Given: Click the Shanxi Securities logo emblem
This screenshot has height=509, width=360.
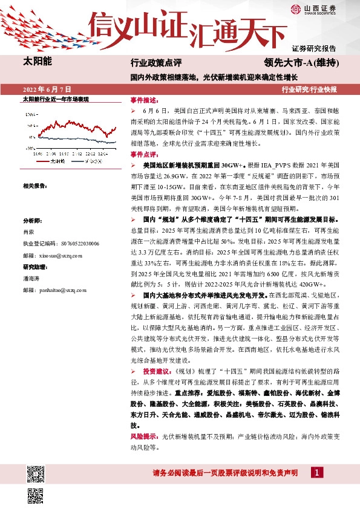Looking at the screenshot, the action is (313, 8).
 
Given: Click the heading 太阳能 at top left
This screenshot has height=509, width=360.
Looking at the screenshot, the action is (37, 62).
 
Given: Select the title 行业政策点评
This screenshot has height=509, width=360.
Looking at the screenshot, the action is (156, 63).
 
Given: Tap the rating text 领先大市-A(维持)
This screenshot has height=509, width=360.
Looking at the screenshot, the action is (301, 63).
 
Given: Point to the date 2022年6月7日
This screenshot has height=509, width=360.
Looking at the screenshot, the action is (47, 89).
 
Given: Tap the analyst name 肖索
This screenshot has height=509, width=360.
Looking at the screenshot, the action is (28, 232).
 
